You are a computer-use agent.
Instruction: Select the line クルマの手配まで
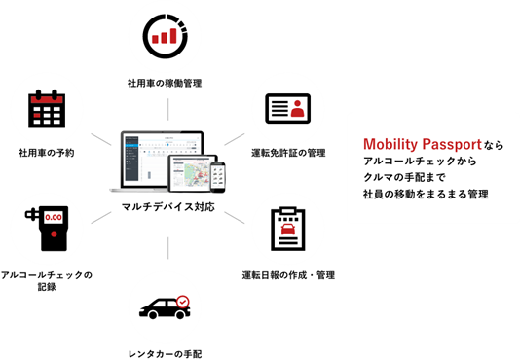click(406, 178)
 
